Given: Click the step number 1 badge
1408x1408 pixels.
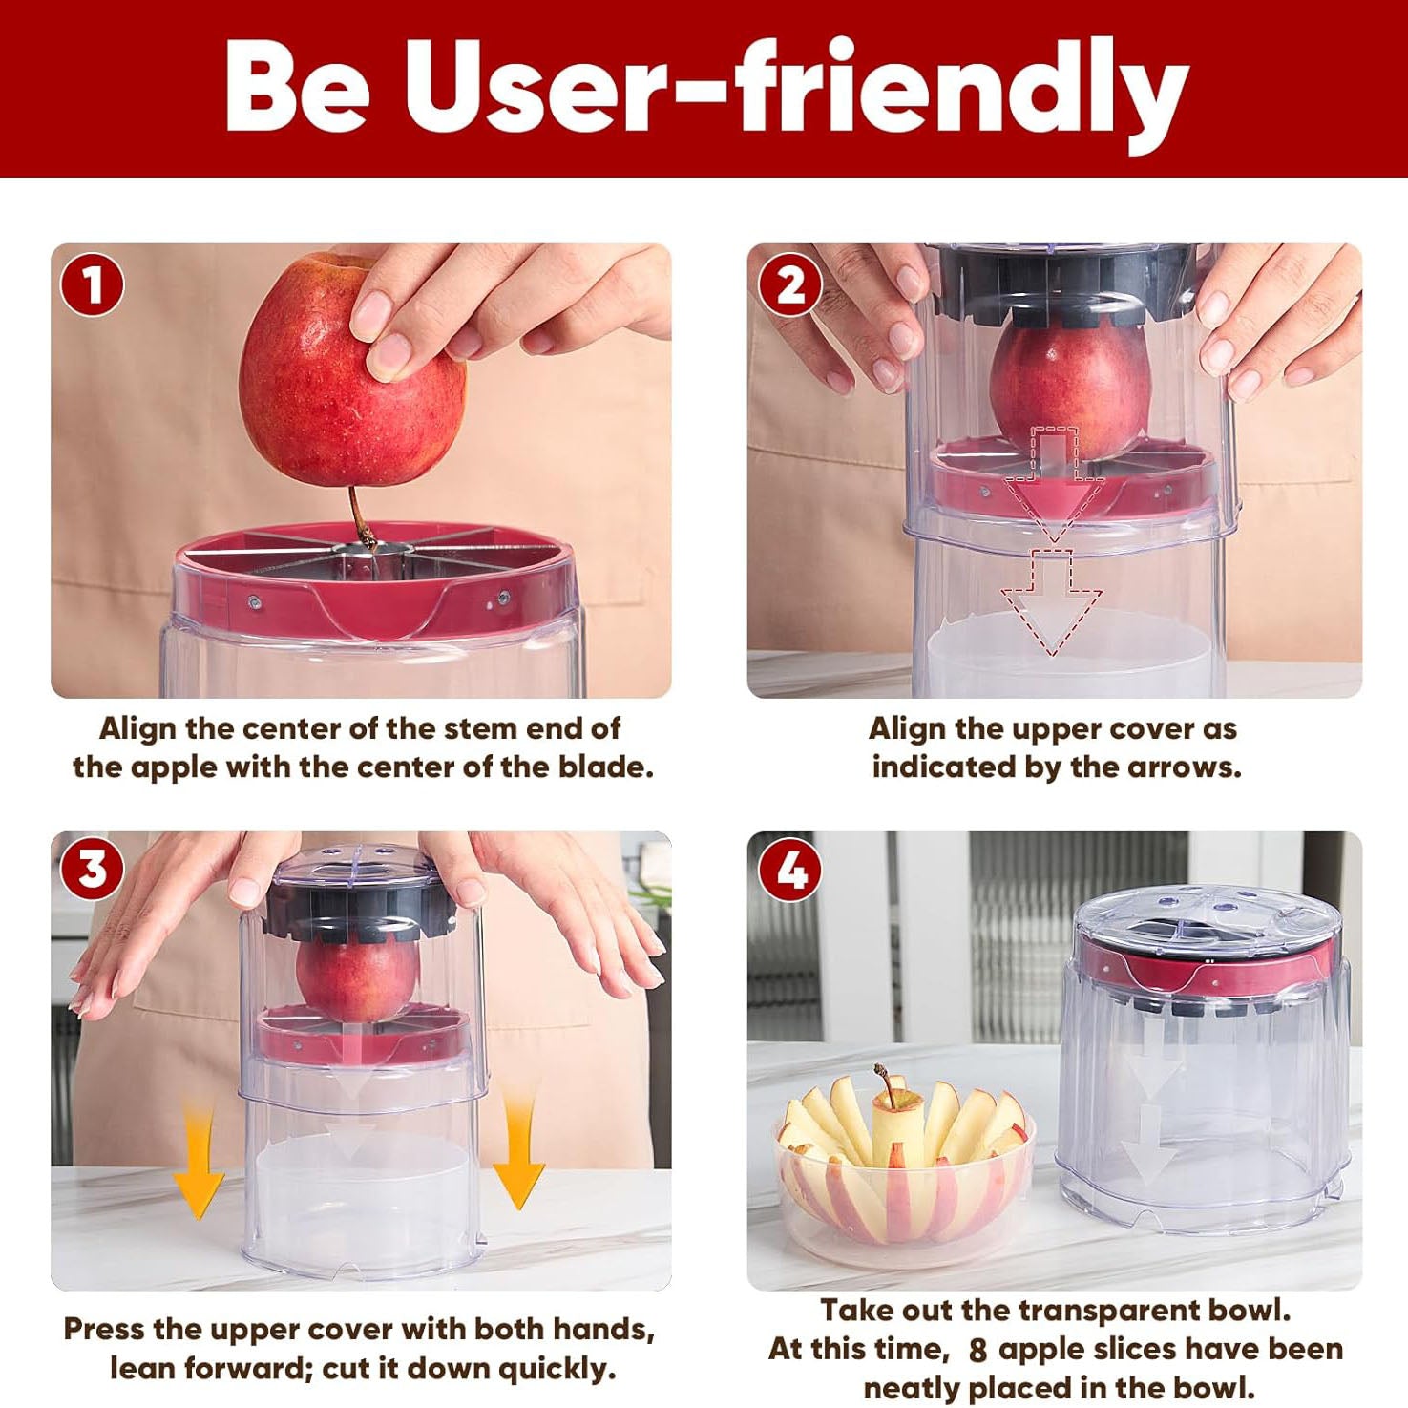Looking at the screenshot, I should [x=92, y=284].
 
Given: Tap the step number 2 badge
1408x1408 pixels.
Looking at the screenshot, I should [x=789, y=284].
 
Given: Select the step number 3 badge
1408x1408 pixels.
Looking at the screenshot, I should [x=92, y=870].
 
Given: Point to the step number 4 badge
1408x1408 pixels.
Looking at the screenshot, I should [x=789, y=870].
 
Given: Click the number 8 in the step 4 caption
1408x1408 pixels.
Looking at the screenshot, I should [x=977, y=1350].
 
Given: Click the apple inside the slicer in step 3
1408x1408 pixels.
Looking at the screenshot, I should [x=355, y=978].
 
